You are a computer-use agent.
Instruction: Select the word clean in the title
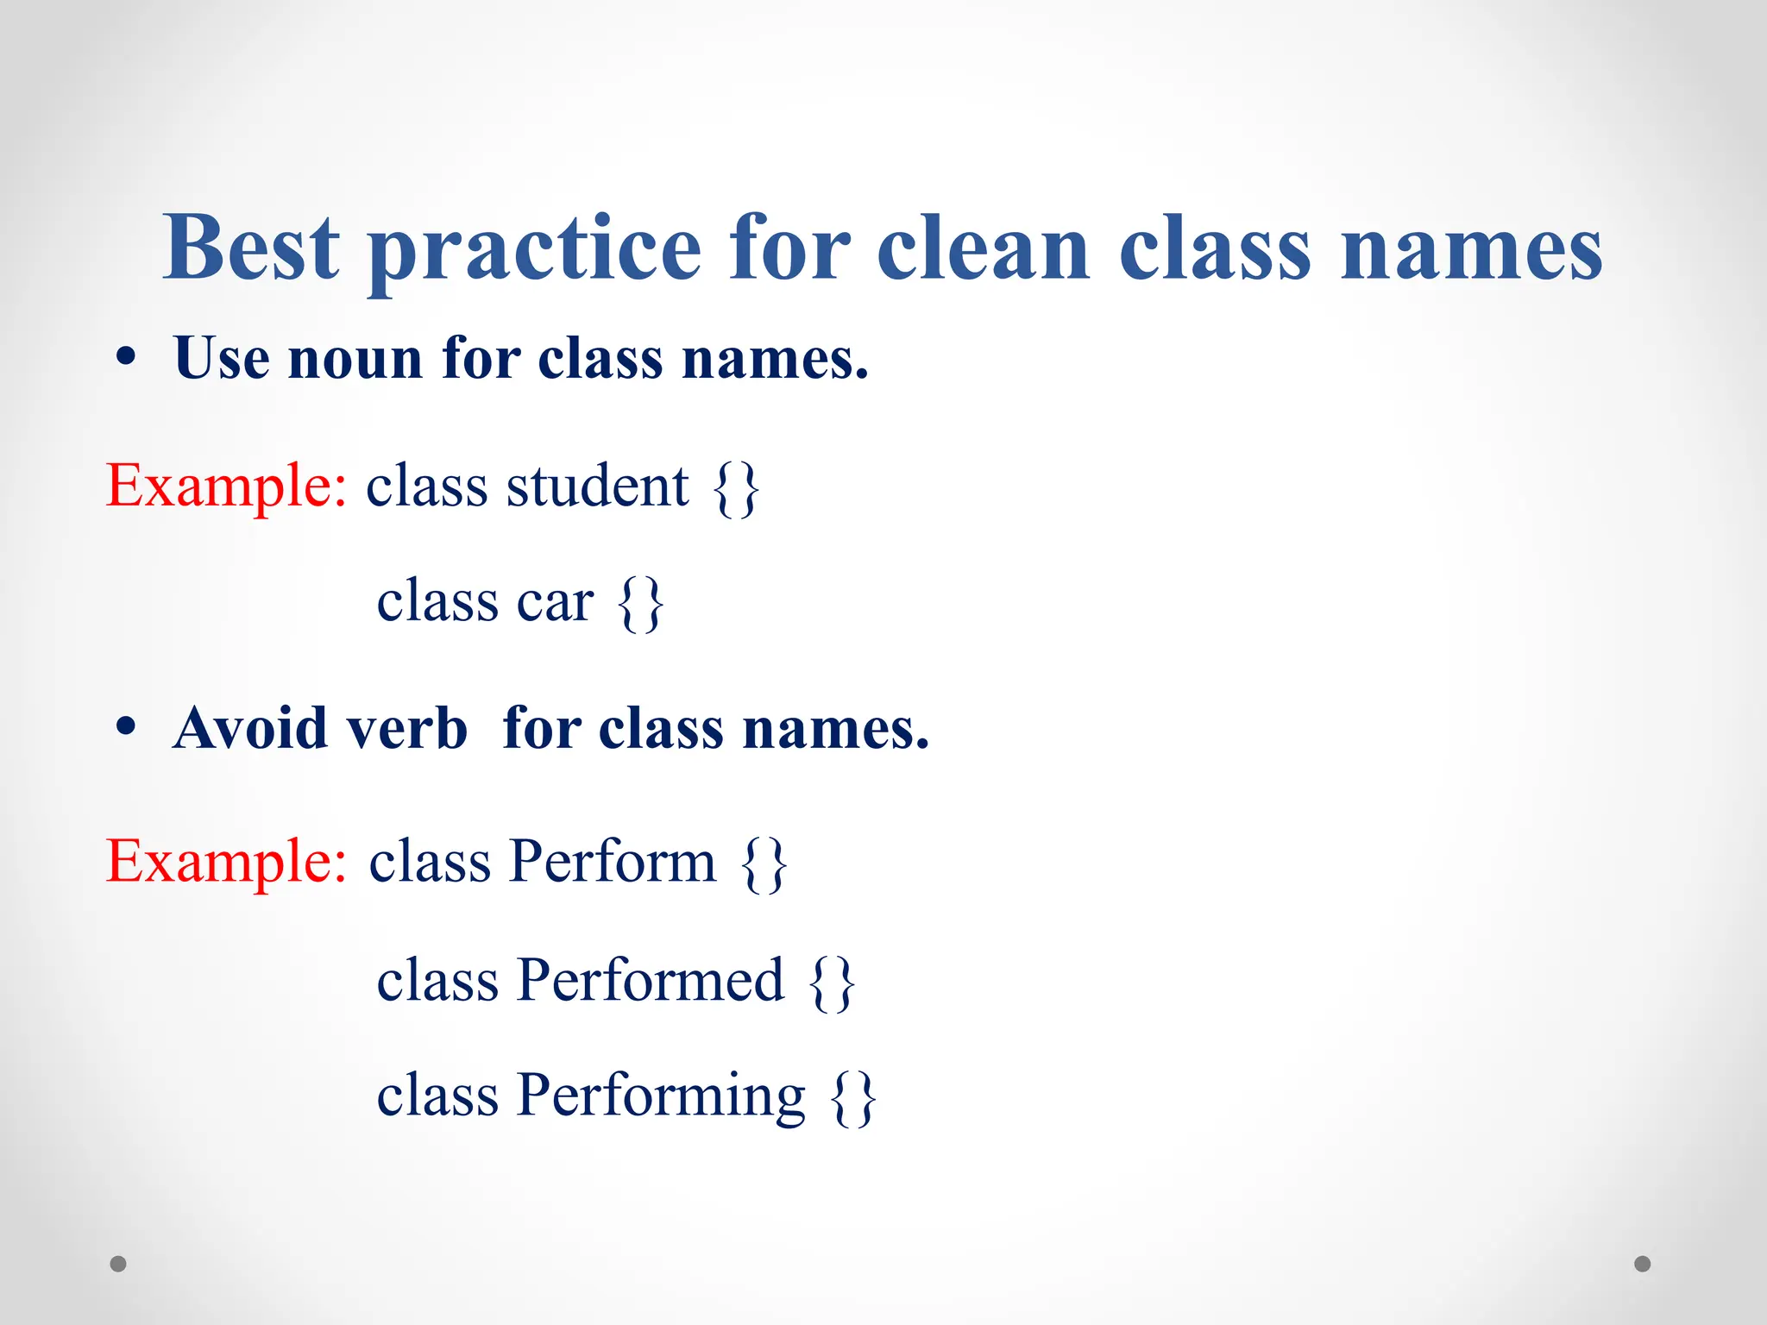pyautogui.click(x=983, y=248)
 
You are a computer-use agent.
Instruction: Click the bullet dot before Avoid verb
pyautogui.click(x=126, y=727)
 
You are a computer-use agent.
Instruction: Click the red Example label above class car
pyautogui.click(x=226, y=486)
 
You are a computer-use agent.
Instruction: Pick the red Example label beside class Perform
pyautogui.click(x=226, y=861)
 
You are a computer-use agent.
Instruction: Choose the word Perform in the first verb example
pyautogui.click(x=612, y=861)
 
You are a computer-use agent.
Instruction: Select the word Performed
pyautogui.click(x=651, y=980)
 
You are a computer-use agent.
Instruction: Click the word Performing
pyautogui.click(x=661, y=1096)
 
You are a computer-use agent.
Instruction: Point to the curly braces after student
pyautogui.click(x=736, y=489)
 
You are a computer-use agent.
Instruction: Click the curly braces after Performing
pyautogui.click(x=853, y=1098)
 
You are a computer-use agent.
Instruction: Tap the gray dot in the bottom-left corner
pyautogui.click(x=118, y=1264)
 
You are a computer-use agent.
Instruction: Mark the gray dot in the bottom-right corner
pyautogui.click(x=1643, y=1264)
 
